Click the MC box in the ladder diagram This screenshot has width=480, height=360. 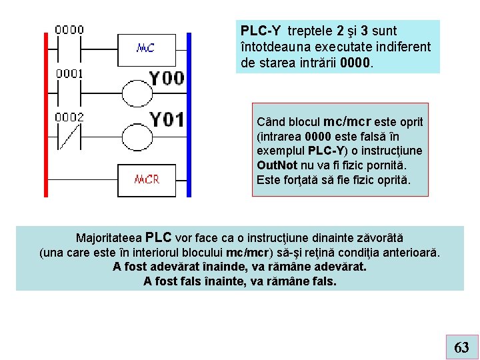point(145,47)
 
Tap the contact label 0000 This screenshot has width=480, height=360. point(69,29)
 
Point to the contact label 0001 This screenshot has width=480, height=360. point(69,73)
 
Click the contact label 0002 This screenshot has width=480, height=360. point(69,117)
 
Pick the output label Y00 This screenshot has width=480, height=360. point(166,78)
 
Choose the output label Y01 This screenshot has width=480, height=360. point(166,120)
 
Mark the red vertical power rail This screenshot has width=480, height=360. point(47,113)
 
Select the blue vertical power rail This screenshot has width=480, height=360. point(189,113)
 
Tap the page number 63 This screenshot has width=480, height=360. point(461,347)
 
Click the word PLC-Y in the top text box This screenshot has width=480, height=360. point(261,31)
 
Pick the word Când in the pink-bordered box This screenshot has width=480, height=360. point(270,123)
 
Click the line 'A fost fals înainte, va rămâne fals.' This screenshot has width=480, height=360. point(240,281)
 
